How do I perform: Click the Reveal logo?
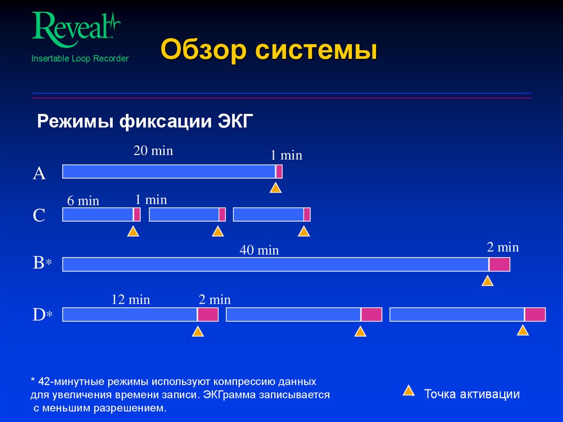(76, 26)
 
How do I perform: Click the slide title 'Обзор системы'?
(269, 51)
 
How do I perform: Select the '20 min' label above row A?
(153, 151)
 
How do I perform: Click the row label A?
(39, 174)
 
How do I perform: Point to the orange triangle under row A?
(275, 188)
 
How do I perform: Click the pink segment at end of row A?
(279, 172)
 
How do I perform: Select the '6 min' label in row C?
(83, 201)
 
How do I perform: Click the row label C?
(39, 215)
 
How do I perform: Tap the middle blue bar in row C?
(184, 215)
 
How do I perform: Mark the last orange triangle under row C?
(304, 231)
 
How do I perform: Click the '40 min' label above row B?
(259, 250)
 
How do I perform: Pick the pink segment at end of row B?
(499, 265)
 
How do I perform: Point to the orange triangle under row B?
(487, 281)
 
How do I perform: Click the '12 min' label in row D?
(131, 300)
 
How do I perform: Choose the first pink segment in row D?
(208, 315)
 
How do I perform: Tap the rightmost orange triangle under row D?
(523, 331)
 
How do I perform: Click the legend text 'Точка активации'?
(472, 394)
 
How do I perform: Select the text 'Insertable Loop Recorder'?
(80, 58)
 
